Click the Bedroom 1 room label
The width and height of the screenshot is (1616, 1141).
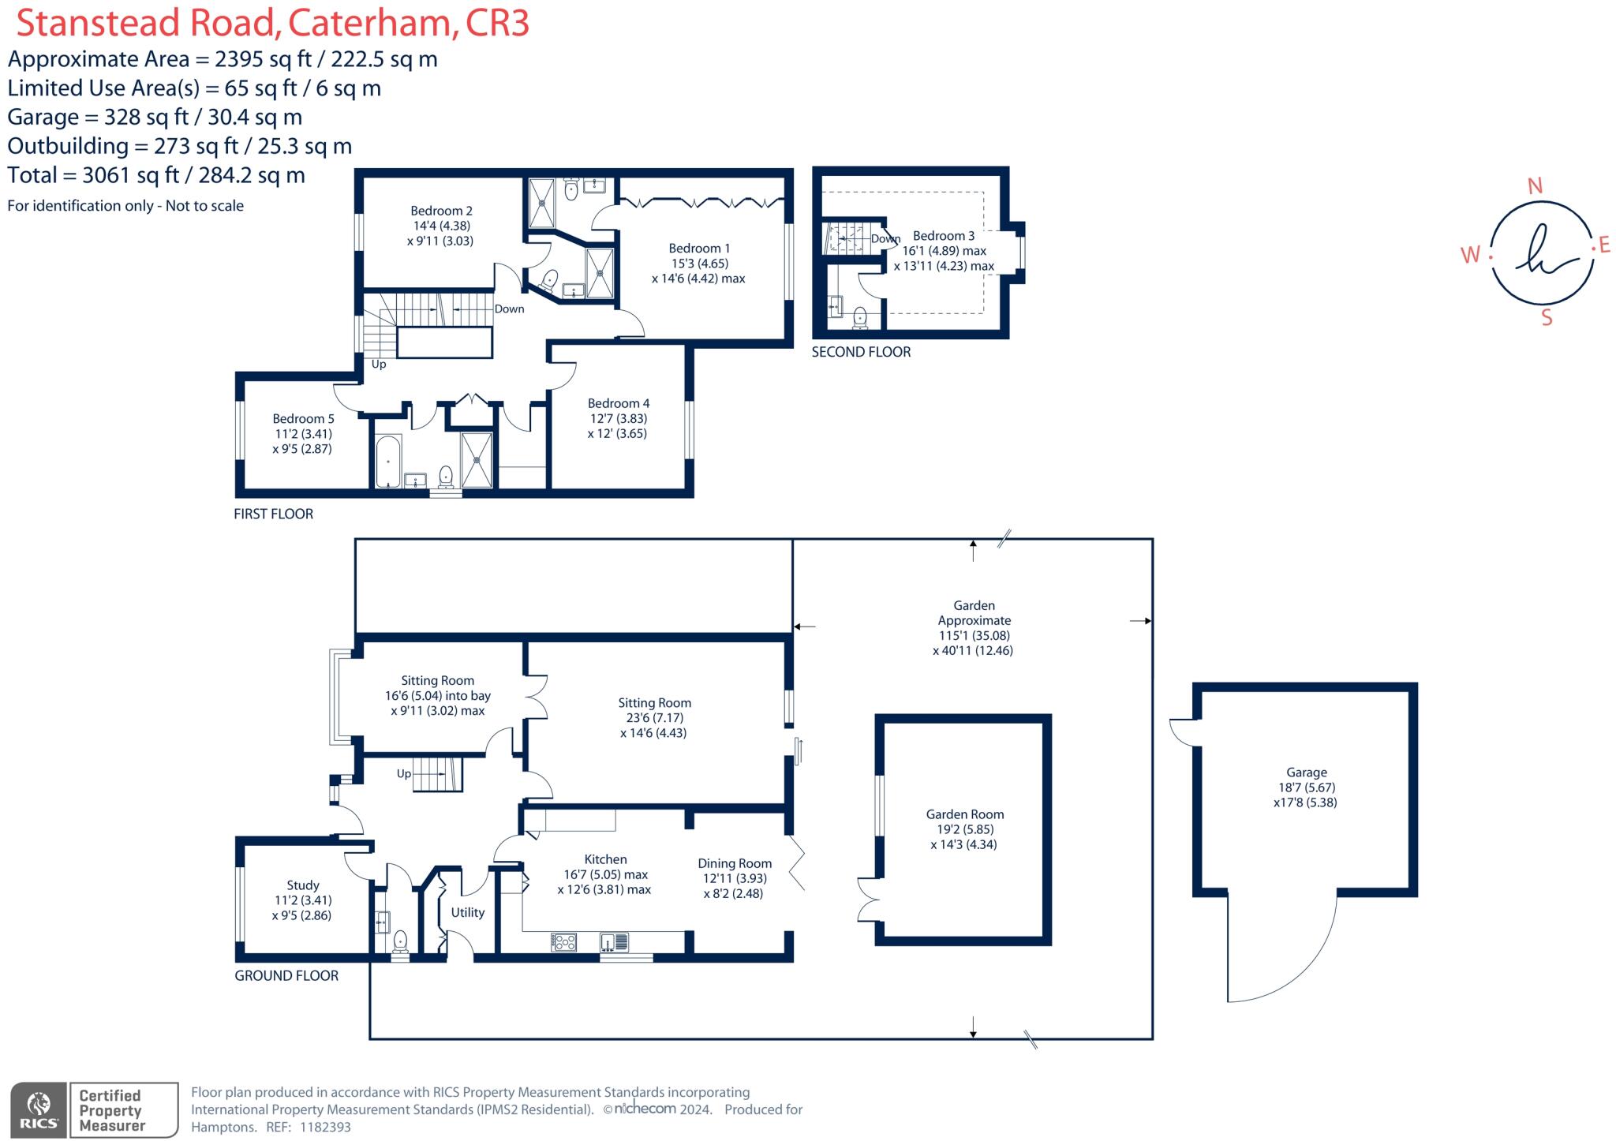point(699,249)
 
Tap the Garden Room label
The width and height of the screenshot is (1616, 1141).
point(964,814)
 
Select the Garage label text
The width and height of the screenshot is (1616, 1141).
point(1306,773)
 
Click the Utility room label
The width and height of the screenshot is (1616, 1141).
point(467,912)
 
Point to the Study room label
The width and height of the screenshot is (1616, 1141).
point(302,885)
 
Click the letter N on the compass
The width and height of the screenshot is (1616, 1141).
point(1535,186)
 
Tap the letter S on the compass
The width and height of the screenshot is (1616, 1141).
point(1547,318)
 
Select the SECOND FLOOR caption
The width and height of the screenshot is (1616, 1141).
point(861,352)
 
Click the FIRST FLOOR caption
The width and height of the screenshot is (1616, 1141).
point(273,514)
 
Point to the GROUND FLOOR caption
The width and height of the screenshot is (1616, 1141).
point(286,975)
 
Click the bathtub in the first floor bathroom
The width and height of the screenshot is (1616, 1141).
point(387,461)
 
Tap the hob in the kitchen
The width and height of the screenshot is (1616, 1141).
point(564,942)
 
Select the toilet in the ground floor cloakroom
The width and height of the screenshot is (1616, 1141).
point(400,941)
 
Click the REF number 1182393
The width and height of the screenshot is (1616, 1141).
point(325,1127)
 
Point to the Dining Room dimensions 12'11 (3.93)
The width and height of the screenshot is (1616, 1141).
point(735,878)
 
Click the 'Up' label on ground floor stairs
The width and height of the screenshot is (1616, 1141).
point(404,774)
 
